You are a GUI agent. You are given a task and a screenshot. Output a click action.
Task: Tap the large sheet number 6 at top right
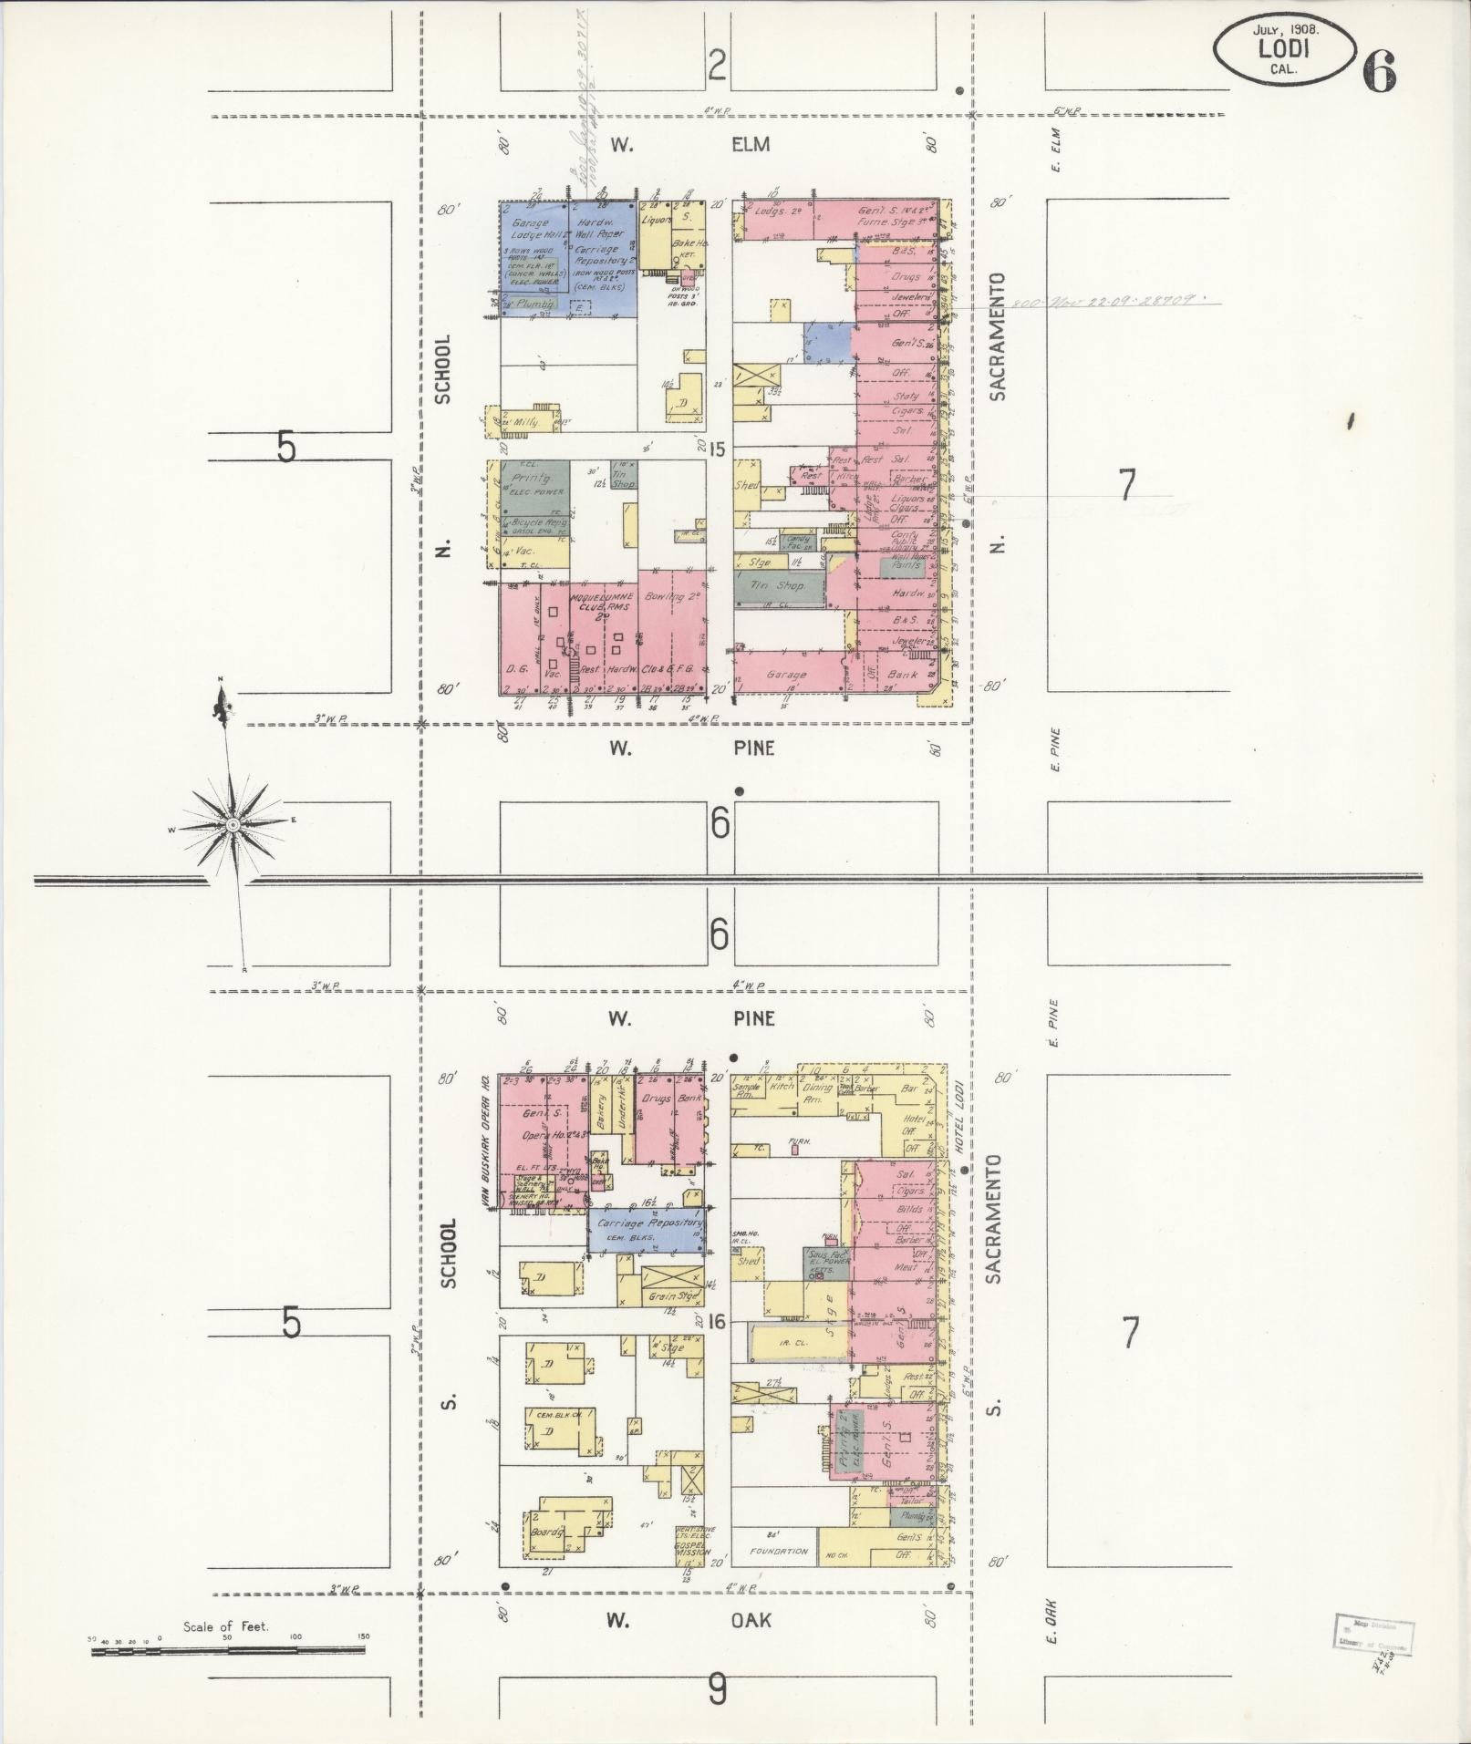click(x=1380, y=71)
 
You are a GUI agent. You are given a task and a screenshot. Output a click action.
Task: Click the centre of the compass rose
click(x=233, y=824)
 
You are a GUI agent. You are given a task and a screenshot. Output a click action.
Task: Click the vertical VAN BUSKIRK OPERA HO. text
click(x=486, y=1143)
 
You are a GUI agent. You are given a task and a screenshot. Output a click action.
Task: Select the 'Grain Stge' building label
click(x=672, y=1296)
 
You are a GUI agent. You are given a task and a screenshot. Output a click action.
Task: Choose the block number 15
click(x=718, y=449)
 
